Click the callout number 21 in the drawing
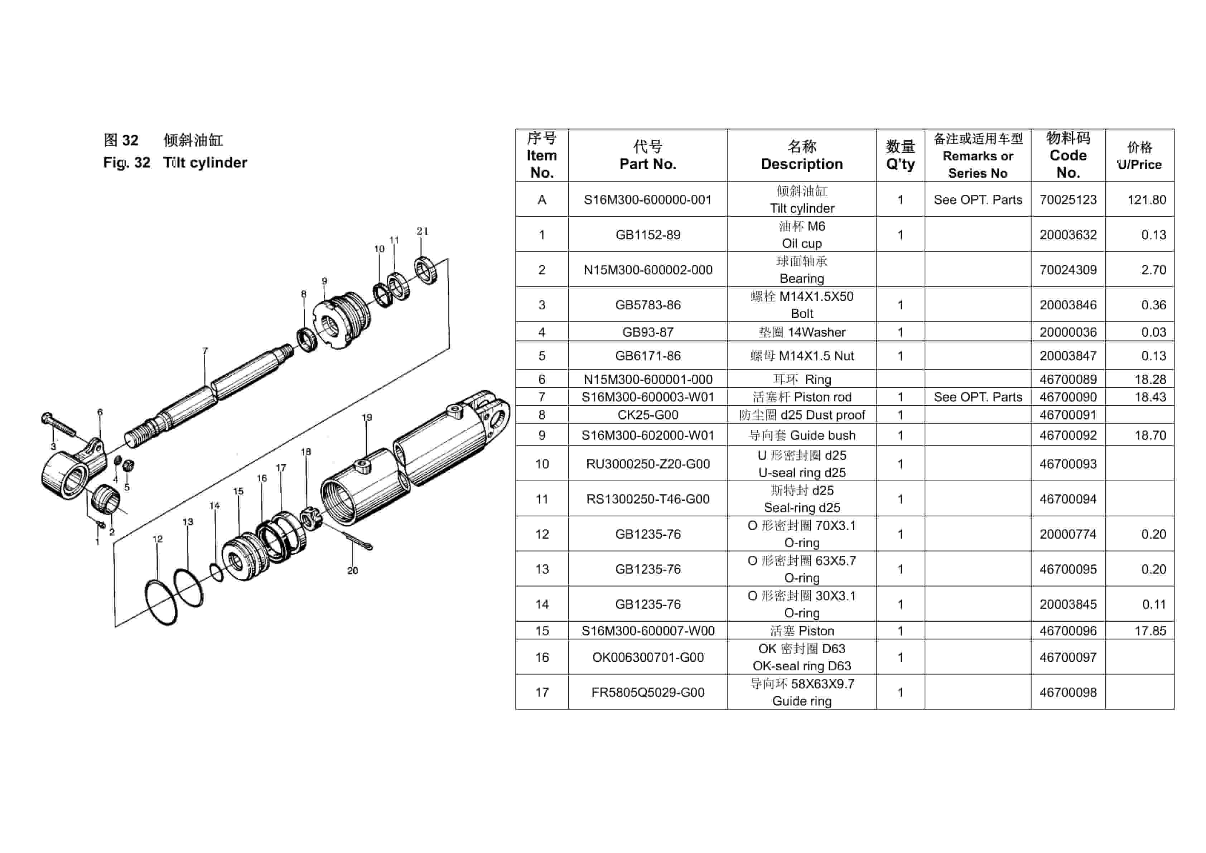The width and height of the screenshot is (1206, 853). click(x=422, y=231)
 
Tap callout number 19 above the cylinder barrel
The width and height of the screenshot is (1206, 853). click(x=367, y=418)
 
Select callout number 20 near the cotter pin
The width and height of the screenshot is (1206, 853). click(x=352, y=570)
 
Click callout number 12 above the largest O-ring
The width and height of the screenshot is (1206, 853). click(x=158, y=539)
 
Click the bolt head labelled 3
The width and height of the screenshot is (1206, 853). click(x=46, y=418)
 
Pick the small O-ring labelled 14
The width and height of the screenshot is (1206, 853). click(x=216, y=573)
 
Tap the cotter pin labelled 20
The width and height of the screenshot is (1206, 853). click(x=358, y=540)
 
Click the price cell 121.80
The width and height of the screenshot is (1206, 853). click(x=1146, y=199)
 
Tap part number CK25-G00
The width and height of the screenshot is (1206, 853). click(x=648, y=415)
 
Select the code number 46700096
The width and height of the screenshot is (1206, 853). click(x=1068, y=631)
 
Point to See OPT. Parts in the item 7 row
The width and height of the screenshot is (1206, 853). click(x=978, y=397)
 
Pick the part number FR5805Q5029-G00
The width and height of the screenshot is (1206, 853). click(x=648, y=692)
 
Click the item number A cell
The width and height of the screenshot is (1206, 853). click(x=541, y=199)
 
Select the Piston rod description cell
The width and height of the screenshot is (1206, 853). click(x=801, y=397)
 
